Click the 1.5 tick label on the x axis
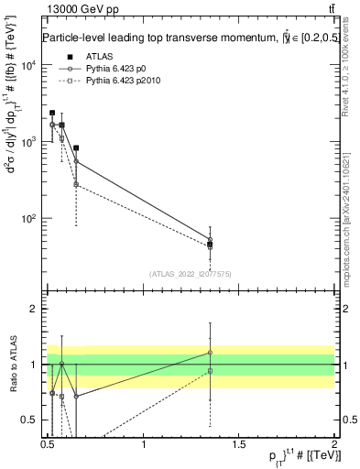click(x=240, y=444)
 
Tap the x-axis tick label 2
click(x=334, y=444)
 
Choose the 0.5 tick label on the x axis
click(x=48, y=444)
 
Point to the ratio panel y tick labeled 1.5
click(x=29, y=337)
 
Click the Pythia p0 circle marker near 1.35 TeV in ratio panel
click(x=211, y=353)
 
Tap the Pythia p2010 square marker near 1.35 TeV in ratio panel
click(x=211, y=371)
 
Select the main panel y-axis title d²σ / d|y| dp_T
click(x=13, y=156)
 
